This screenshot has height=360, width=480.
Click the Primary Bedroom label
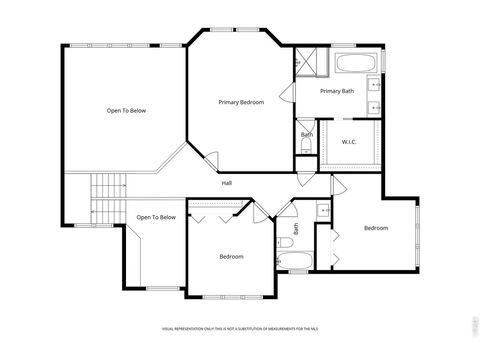(241, 102)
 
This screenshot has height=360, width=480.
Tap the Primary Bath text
(337, 91)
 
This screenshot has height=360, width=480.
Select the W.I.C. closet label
(350, 142)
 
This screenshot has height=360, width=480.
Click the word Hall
(227, 183)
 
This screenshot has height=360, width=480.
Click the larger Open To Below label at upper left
(127, 110)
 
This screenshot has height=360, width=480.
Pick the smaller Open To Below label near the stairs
(156, 217)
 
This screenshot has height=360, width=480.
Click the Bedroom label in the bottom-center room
(232, 257)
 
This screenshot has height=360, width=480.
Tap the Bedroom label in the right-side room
(375, 228)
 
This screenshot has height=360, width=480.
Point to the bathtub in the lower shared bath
(294, 264)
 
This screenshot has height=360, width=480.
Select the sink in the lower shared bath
(323, 211)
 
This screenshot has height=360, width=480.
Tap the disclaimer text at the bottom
(240, 327)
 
